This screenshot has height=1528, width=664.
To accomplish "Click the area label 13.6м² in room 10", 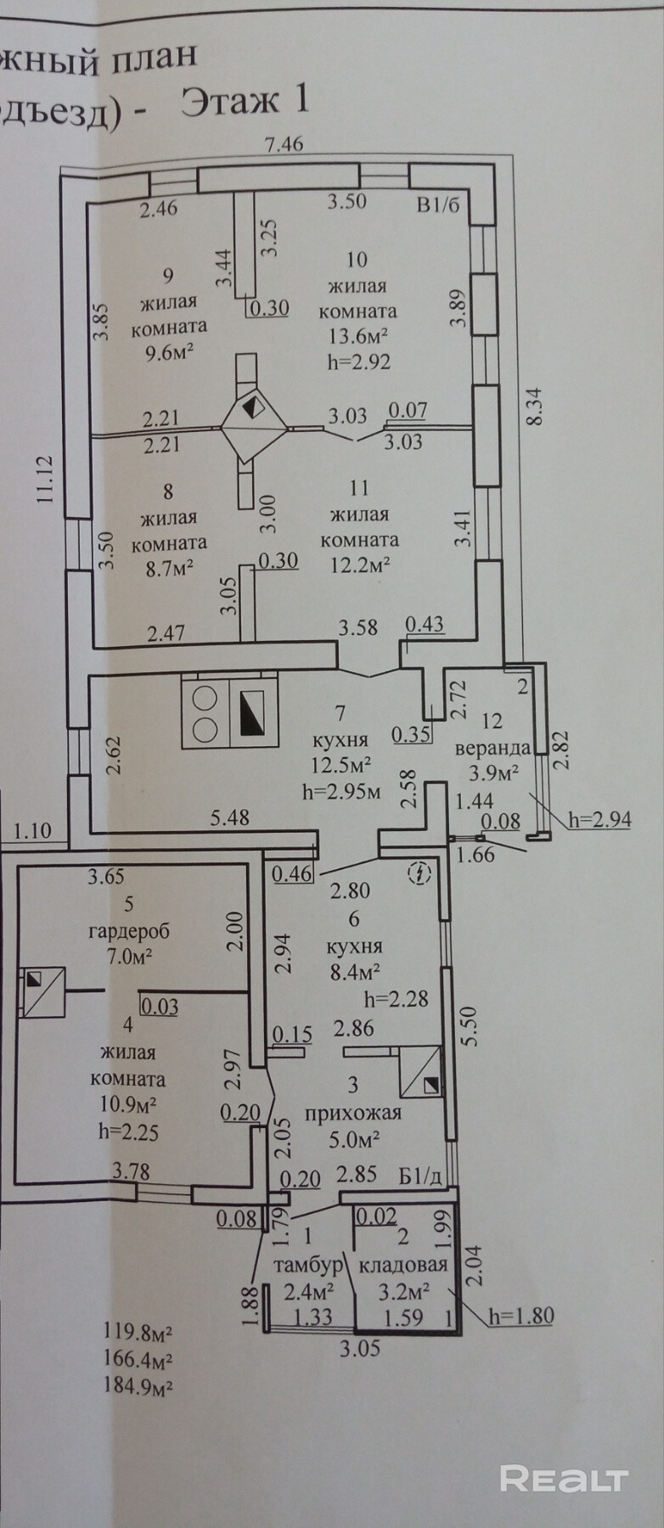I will pyautogui.click(x=358, y=336).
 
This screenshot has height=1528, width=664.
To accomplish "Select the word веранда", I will pyautogui.click(x=492, y=749).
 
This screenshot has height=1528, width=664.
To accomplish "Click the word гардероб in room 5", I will pyautogui.click(x=129, y=930).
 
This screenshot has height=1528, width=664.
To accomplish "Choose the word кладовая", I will pyautogui.click(x=403, y=1266).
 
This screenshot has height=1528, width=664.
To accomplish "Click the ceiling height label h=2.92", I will pyautogui.click(x=358, y=362).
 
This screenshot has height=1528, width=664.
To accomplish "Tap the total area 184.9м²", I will pyautogui.click(x=138, y=1388).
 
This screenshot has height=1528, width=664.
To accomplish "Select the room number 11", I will pyautogui.click(x=358, y=488).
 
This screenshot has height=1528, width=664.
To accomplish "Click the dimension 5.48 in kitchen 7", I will pyautogui.click(x=232, y=817).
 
